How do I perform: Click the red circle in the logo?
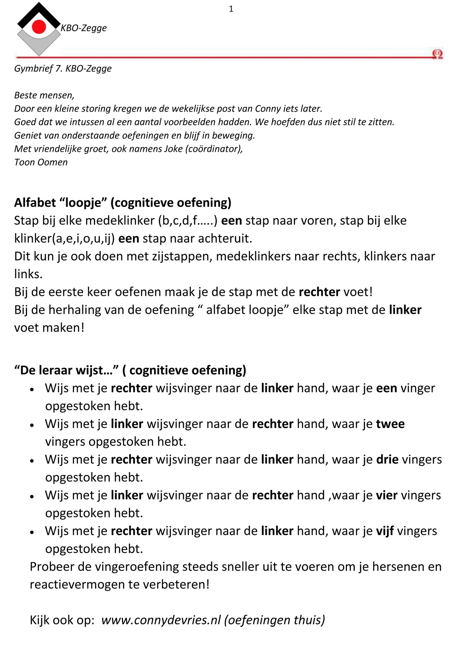(39, 27)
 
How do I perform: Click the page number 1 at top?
(231, 9)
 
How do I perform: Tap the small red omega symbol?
(437, 54)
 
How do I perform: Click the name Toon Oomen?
(41, 162)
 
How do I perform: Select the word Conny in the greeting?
(268, 109)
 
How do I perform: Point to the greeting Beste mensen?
(44, 95)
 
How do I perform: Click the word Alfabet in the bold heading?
(35, 202)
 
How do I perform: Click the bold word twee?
(390, 424)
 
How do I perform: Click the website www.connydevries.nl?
(161, 620)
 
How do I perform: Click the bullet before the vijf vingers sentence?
(32, 532)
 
